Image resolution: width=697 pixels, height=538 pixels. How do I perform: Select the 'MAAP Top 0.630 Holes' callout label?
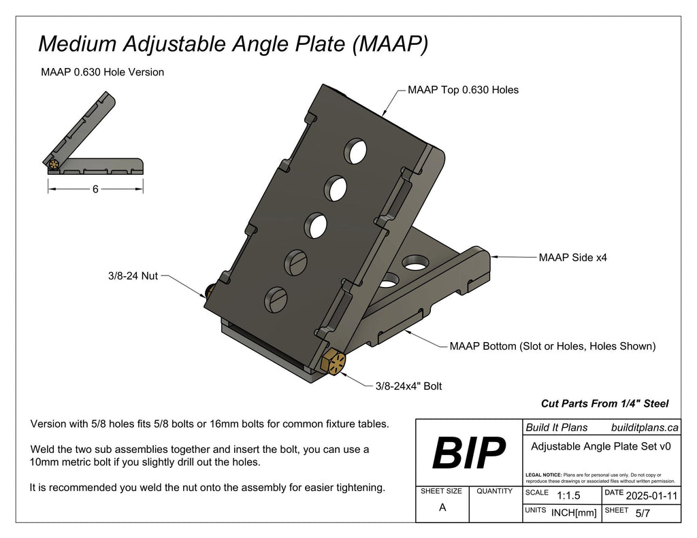click(x=463, y=90)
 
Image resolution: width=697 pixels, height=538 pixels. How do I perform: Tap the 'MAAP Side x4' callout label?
click(x=572, y=258)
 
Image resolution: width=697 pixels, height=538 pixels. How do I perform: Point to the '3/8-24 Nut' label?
click(x=132, y=276)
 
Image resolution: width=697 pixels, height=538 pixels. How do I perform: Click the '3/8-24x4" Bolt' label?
click(x=408, y=386)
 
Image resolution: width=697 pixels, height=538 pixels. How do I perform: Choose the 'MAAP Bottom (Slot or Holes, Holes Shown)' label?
click(x=552, y=346)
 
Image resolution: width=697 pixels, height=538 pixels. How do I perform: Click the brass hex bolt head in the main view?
click(x=334, y=362)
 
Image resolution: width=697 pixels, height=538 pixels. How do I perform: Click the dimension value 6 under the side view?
click(x=95, y=190)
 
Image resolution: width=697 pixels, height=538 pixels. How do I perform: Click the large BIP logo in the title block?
click(x=469, y=452)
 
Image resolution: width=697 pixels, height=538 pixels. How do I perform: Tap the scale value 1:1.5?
click(x=568, y=496)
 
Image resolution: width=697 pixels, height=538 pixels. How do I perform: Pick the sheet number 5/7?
click(x=642, y=514)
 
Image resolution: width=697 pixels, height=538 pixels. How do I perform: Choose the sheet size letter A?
click(x=442, y=507)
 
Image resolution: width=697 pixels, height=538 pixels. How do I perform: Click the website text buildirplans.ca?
click(x=645, y=427)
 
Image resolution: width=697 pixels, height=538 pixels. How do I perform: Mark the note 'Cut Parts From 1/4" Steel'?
click(x=604, y=403)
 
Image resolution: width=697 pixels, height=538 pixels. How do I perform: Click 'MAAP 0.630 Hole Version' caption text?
click(x=103, y=72)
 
